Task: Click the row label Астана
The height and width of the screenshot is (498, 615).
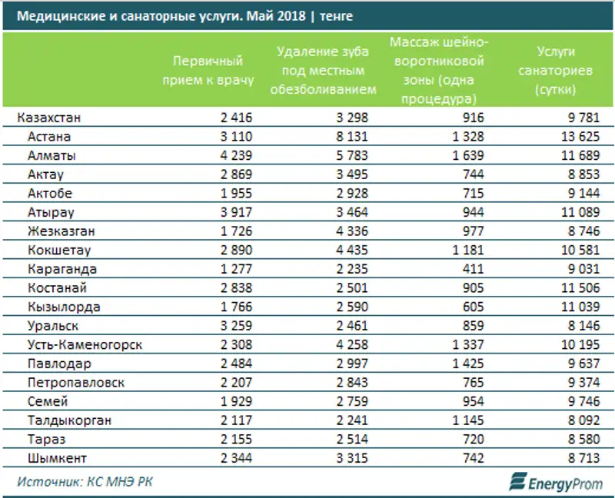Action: (x=48, y=137)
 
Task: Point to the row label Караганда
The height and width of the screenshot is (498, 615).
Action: (x=61, y=269)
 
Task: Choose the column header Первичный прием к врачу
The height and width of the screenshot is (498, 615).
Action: (x=208, y=69)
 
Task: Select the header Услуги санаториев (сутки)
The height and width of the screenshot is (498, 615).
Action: (x=564, y=71)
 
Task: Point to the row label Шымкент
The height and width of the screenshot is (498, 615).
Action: (x=58, y=458)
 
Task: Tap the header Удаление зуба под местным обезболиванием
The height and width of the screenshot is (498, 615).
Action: (x=326, y=69)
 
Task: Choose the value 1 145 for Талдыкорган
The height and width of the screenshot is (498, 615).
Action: (x=466, y=420)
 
